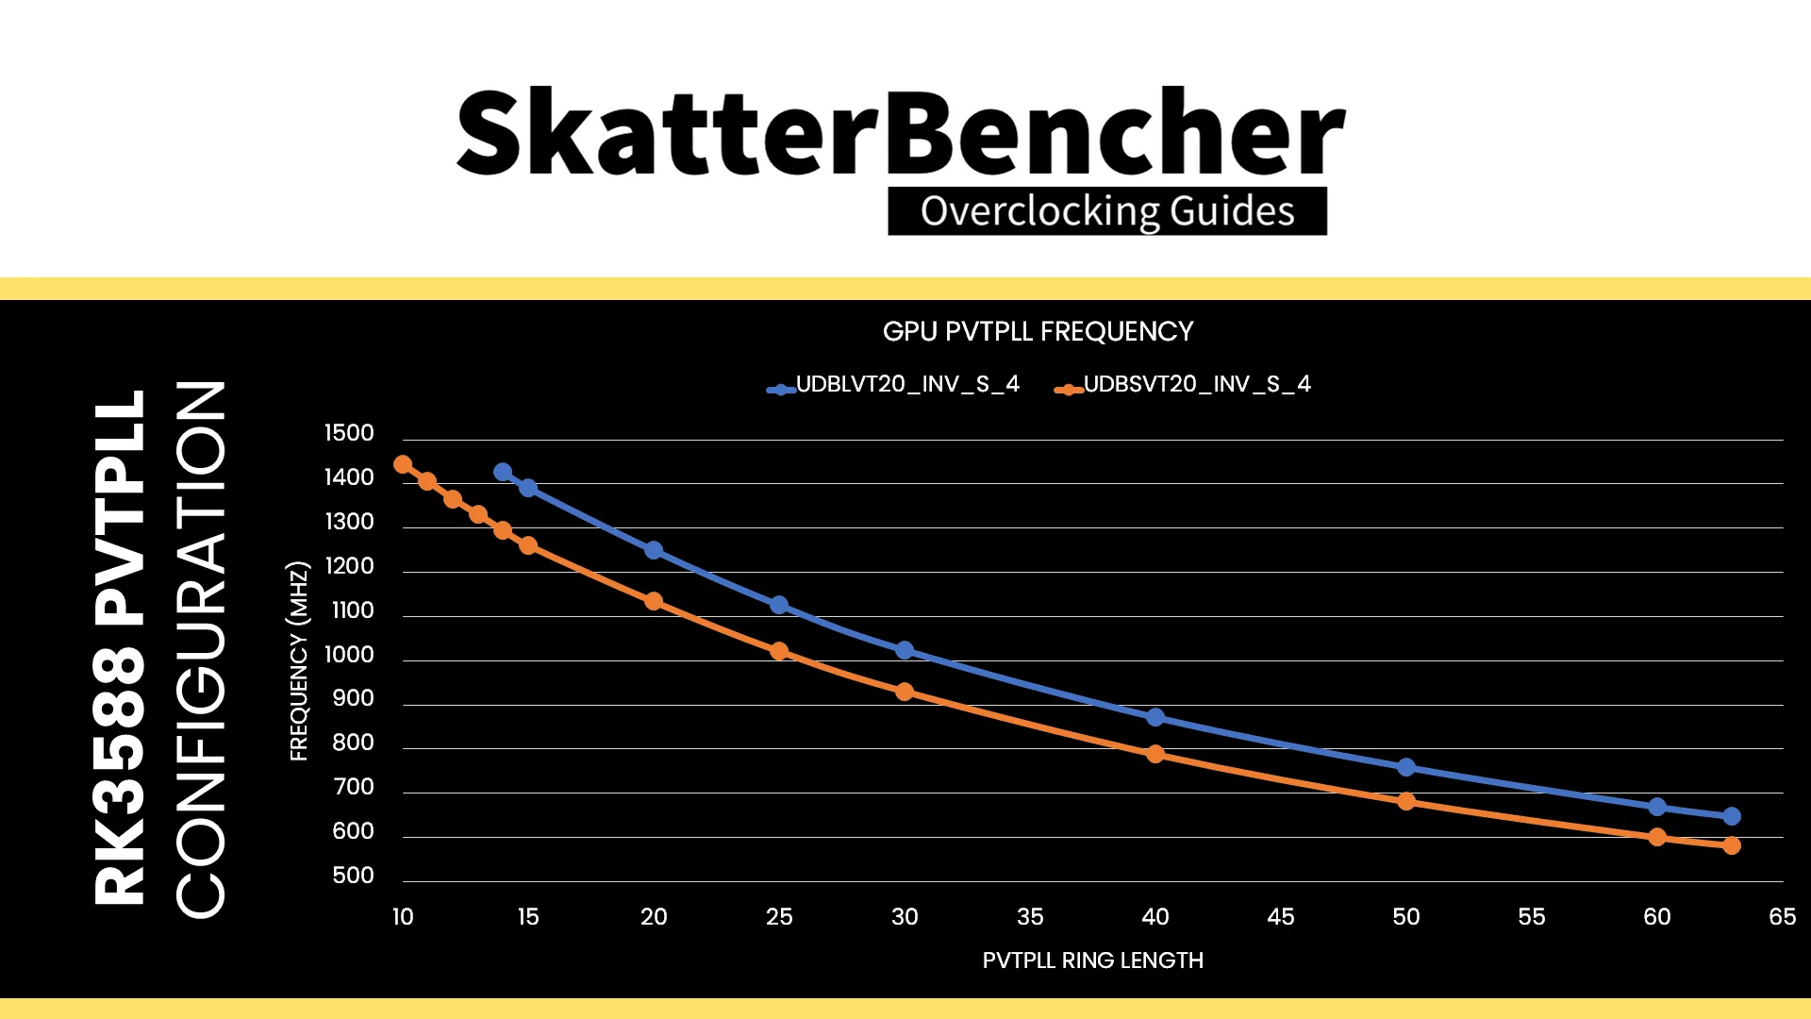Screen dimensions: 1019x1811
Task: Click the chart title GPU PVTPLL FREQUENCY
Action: [x=1038, y=331]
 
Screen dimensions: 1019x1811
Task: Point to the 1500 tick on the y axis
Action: [x=349, y=433]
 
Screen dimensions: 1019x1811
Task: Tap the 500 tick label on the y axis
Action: [x=353, y=876]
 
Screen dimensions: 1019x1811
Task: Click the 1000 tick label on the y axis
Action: [x=349, y=655]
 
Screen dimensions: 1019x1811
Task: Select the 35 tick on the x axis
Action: [x=1030, y=916]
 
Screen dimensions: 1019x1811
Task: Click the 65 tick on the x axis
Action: [x=1782, y=916]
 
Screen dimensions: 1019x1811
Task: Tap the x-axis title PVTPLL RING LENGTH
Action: [x=1092, y=961]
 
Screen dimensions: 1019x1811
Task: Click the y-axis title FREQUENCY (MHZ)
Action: [x=298, y=660]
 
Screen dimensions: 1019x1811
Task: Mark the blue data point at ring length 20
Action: [x=654, y=550]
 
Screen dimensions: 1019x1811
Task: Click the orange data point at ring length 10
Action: [x=403, y=464]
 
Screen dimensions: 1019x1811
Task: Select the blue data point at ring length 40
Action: [x=1155, y=718]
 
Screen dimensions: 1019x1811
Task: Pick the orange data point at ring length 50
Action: [x=1406, y=801]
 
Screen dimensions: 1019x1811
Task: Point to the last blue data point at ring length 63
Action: [x=1732, y=816]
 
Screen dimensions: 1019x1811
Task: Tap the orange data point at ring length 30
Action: [x=905, y=692]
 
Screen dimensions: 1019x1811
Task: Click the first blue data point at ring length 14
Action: [x=503, y=472]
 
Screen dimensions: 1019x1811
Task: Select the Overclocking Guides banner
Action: [x=1107, y=211]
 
